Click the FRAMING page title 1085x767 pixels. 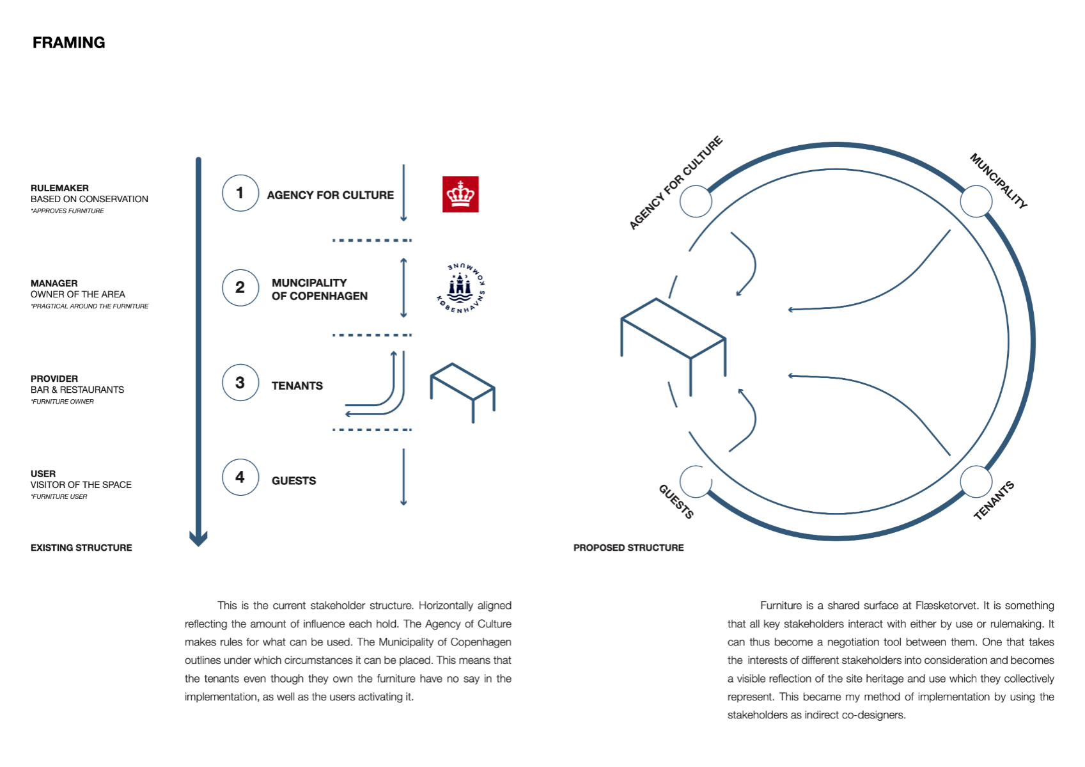coord(68,43)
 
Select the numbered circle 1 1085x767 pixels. coord(240,193)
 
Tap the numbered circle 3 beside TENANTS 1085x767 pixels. coord(240,383)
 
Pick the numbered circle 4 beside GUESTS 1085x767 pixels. coord(240,477)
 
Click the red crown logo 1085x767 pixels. coord(460,194)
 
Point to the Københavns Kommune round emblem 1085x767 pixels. coord(460,288)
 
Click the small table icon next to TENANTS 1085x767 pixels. coord(463,391)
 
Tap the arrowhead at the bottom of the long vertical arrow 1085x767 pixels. coord(198,539)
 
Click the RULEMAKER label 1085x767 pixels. coord(59,188)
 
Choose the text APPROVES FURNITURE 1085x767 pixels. coord(68,211)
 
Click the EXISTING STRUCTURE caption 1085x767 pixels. coord(81,548)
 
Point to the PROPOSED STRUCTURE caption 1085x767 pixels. coord(628,548)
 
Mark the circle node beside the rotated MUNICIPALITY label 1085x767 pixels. coord(976,202)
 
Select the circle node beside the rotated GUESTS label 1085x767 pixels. coord(696,482)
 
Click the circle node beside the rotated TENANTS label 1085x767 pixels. coord(976,482)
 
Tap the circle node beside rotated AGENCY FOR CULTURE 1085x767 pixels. coord(696,202)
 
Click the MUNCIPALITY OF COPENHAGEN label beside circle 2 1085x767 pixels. coord(319,289)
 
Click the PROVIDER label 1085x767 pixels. coord(54,379)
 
